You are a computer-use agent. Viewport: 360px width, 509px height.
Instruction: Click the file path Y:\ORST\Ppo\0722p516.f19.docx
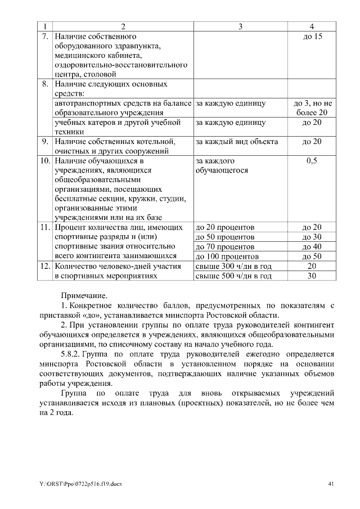[x=80, y=484]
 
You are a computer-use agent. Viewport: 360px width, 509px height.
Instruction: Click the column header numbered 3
[x=240, y=26]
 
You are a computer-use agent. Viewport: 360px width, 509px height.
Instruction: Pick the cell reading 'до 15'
[x=312, y=36]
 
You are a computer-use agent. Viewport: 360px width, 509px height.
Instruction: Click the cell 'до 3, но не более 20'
[x=312, y=108]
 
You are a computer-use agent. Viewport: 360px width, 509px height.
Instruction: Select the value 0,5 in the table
[x=312, y=161]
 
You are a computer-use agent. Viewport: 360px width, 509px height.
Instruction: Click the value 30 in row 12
[x=312, y=276]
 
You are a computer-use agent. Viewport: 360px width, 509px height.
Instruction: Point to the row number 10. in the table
[x=45, y=161]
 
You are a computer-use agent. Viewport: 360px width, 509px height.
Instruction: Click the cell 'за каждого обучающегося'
[x=222, y=165]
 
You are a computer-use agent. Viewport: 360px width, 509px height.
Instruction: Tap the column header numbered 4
[x=312, y=26]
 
